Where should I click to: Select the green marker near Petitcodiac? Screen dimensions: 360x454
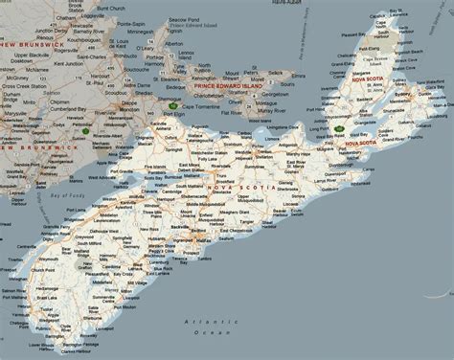pyautogui.click(x=86, y=125)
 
